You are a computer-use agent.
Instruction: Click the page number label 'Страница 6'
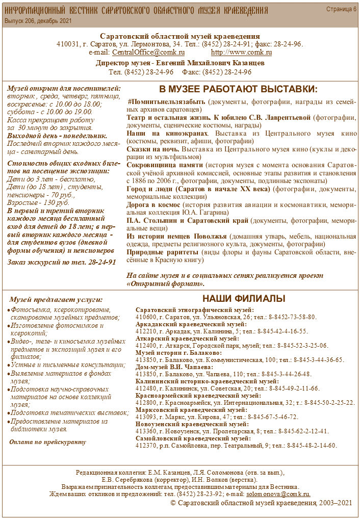click(x=341, y=9)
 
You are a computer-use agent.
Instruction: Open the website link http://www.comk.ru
click(x=241, y=53)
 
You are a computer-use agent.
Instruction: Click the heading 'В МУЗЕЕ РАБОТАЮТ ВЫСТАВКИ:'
click(x=238, y=89)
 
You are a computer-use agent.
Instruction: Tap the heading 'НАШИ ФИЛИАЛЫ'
click(x=244, y=298)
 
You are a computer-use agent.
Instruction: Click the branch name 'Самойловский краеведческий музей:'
click(x=193, y=438)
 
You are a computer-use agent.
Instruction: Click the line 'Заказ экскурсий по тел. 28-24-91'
click(x=62, y=262)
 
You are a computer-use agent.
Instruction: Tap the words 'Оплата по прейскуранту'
click(x=48, y=441)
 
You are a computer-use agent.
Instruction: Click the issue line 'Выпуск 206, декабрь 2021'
click(x=38, y=21)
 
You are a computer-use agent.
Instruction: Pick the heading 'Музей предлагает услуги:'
click(x=56, y=300)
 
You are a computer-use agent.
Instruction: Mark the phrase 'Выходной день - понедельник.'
click(x=57, y=136)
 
